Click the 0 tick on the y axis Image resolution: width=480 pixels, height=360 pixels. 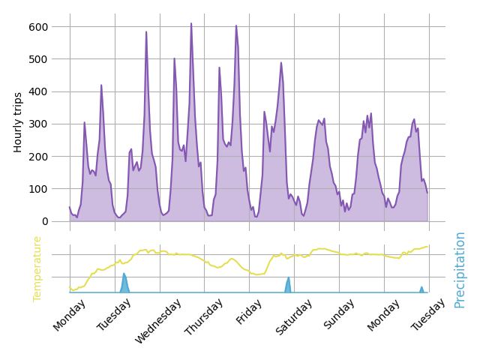pyautogui.click(x=44, y=221)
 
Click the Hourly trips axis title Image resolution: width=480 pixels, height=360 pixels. pyautogui.click(x=19, y=122)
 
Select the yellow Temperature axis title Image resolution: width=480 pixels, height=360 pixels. pyautogui.click(x=37, y=268)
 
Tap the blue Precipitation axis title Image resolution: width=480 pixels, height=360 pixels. pyautogui.click(x=460, y=269)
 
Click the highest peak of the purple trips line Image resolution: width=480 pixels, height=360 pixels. pyautogui.click(x=191, y=23)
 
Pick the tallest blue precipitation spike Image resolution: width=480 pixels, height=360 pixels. pyautogui.click(x=124, y=274)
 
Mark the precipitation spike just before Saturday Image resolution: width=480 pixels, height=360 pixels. pyautogui.click(x=288, y=279)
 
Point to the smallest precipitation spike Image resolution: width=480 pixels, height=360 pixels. pyautogui.click(x=421, y=287)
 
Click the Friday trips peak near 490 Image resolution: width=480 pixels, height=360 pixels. pyautogui.click(x=281, y=63)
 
